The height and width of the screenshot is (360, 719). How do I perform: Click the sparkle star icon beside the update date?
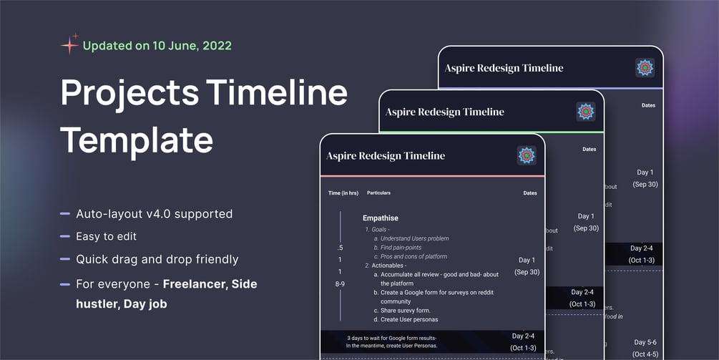pyautogui.click(x=70, y=44)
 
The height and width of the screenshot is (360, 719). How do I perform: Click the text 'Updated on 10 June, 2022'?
pyautogui.click(x=157, y=46)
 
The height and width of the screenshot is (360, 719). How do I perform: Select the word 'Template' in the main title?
pyautogui.click(x=136, y=140)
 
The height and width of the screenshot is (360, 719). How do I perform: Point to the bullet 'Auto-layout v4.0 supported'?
pyautogui.click(x=154, y=213)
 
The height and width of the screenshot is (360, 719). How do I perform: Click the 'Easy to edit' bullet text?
pyautogui.click(x=106, y=236)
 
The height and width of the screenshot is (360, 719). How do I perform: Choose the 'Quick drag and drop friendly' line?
pyautogui.click(x=157, y=259)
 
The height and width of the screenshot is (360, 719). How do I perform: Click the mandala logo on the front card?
pyautogui.click(x=527, y=156)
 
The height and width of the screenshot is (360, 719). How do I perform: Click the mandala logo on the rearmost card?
pyautogui.click(x=645, y=68)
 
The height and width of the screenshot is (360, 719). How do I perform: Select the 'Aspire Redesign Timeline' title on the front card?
pyautogui.click(x=385, y=156)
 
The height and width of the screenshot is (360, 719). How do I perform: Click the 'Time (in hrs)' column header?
pyautogui.click(x=343, y=193)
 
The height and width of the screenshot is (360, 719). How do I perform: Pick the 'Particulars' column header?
pyautogui.click(x=378, y=193)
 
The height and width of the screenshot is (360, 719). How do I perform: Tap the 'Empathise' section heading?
pyautogui.click(x=380, y=218)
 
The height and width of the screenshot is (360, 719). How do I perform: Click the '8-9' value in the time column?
pyautogui.click(x=340, y=284)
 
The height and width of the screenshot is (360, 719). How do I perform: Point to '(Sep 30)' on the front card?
pyautogui.click(x=527, y=272)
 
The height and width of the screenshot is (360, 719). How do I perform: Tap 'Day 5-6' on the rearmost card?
pyautogui.click(x=645, y=343)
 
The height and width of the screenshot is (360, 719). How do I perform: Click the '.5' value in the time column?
pyautogui.click(x=340, y=248)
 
